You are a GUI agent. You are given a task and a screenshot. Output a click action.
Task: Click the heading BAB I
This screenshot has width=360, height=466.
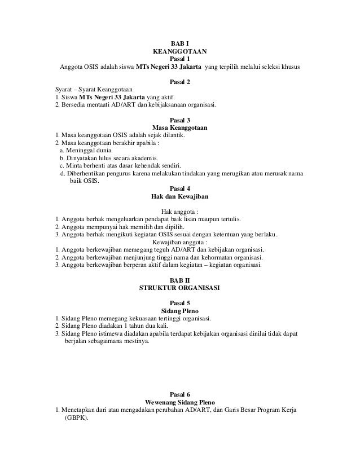coord(180,43)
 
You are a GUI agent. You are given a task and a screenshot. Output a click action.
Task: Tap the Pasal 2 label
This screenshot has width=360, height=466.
coord(180,82)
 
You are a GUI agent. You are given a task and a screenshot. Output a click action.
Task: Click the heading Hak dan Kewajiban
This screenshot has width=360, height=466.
coord(180,196)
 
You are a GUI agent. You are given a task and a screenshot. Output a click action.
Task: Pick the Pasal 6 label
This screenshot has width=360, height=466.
coord(180,393)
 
